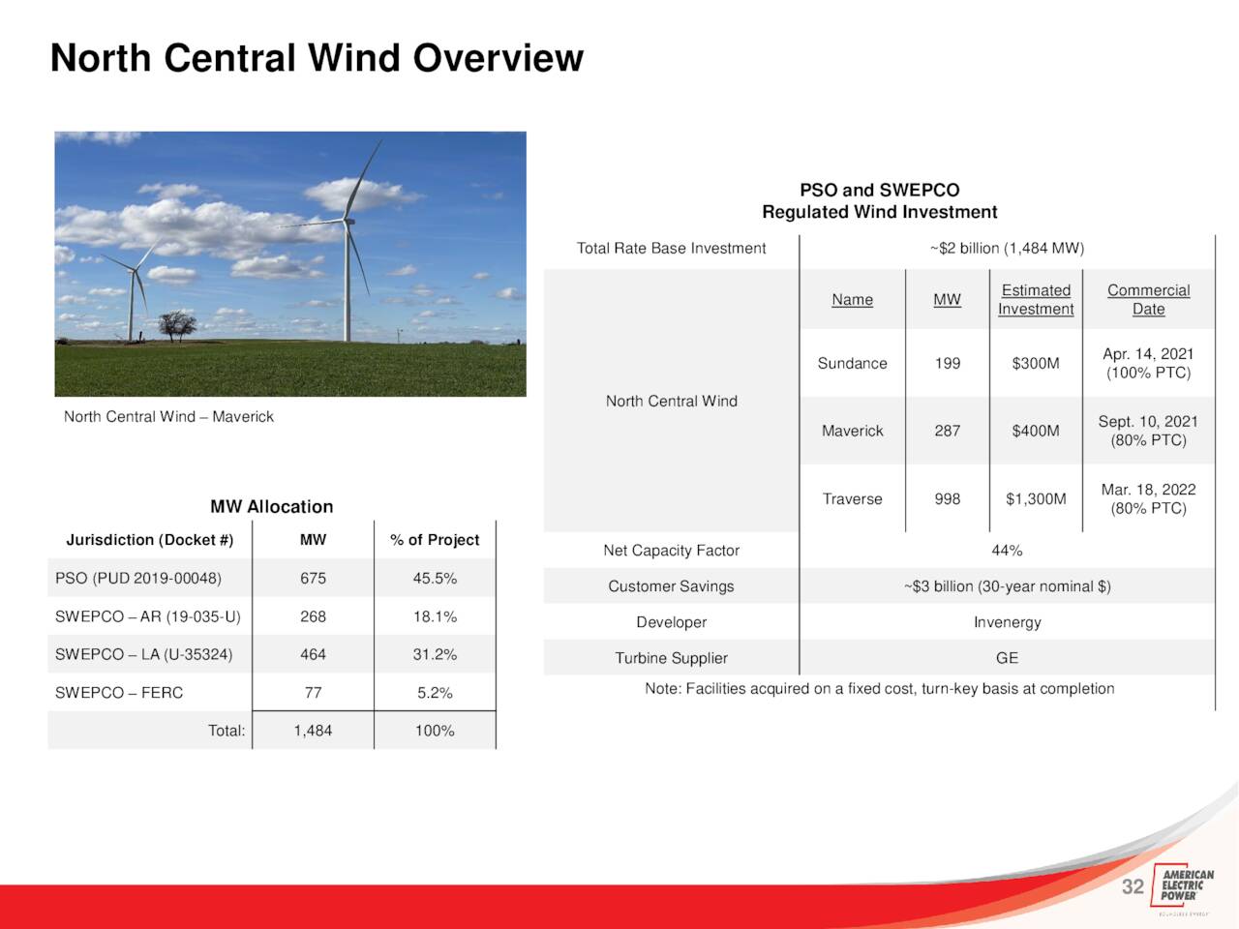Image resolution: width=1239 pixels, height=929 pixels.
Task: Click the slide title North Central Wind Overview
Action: [317, 57]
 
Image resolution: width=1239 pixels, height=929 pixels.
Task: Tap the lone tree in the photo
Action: [177, 326]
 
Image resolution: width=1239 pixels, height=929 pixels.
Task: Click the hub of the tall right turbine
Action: [348, 221]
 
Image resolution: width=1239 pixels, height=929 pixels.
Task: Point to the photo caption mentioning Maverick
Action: [168, 417]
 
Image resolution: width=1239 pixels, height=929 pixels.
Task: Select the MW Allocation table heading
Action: [271, 506]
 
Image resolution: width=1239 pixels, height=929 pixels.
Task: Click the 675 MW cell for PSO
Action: [314, 578]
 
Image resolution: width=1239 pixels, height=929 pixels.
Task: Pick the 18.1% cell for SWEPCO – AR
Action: [435, 616]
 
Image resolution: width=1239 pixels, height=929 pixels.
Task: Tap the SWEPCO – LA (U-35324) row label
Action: [143, 654]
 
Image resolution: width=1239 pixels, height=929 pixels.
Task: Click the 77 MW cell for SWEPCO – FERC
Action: [314, 693]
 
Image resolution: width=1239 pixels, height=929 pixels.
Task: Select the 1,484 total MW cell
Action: [314, 731]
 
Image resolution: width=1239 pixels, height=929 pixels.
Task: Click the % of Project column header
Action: [435, 540]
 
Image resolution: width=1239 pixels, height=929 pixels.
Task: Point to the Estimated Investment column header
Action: [1036, 300]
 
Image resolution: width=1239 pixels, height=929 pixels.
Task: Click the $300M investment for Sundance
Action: [1036, 363]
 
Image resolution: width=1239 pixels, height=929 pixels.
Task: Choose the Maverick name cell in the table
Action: [853, 431]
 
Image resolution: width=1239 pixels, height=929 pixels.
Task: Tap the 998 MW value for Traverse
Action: [948, 499]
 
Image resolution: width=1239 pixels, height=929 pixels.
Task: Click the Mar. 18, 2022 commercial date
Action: [1149, 490]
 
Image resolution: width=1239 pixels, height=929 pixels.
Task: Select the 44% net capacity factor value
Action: [1007, 551]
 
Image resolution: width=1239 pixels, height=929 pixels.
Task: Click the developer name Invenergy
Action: [1008, 622]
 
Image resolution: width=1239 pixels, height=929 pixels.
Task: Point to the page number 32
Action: [1133, 886]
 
